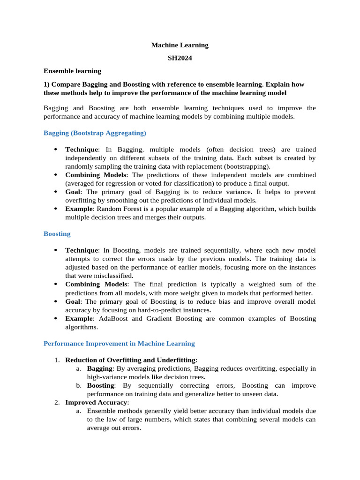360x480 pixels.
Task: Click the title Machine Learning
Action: pyautogui.click(x=180, y=45)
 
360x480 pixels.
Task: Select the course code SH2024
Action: pyautogui.click(x=180, y=58)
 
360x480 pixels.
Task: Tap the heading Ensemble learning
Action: pyautogui.click(x=72, y=71)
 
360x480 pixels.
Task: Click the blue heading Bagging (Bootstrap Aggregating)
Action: pyautogui.click(x=95, y=133)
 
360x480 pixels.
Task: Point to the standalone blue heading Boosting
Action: pyautogui.click(x=57, y=233)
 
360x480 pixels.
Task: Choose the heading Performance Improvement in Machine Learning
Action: pyautogui.click(x=119, y=344)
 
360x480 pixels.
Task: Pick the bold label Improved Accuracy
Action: pyautogui.click(x=96, y=403)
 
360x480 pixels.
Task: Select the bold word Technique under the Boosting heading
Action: pyautogui.click(x=82, y=250)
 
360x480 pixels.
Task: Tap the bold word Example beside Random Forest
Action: pyautogui.click(x=79, y=209)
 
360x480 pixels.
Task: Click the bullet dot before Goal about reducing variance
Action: pyautogui.click(x=55, y=192)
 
